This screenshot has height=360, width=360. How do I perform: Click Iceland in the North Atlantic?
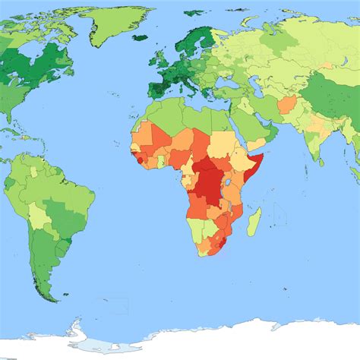click(140, 36)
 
